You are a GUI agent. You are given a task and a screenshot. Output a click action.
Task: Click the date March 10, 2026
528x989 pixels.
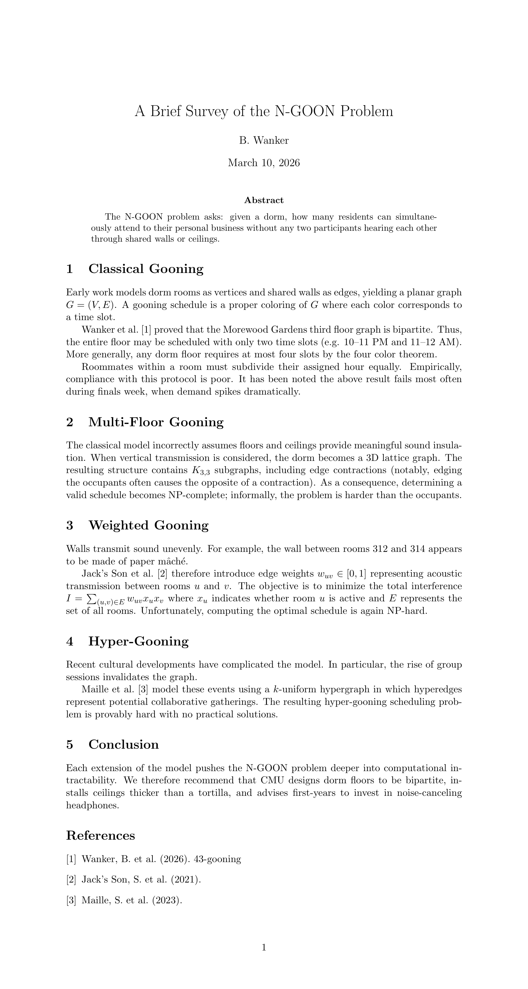point(264,163)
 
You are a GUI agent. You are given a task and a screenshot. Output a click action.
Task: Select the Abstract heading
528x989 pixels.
point(264,200)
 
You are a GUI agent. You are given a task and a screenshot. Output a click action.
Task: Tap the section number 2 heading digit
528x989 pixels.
point(70,422)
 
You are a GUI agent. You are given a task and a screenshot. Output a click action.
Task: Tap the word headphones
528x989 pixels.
point(92,805)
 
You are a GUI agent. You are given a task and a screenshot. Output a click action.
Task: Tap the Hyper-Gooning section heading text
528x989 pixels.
point(138,642)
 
